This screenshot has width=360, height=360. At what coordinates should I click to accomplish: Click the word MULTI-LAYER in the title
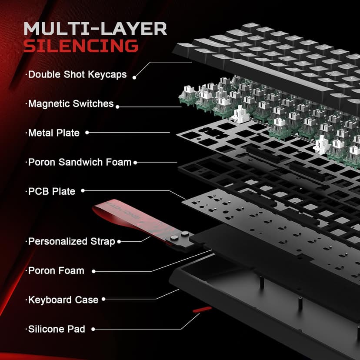pyautogui.click(x=95, y=29)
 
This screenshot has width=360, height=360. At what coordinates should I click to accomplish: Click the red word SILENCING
pyautogui.click(x=81, y=46)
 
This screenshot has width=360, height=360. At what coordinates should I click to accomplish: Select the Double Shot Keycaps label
pyautogui.click(x=77, y=74)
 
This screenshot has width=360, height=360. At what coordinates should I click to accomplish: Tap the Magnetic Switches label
pyautogui.click(x=70, y=104)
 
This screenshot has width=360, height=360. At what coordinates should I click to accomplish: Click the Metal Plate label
pyautogui.click(x=53, y=133)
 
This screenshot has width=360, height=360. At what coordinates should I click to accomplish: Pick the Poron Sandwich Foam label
pyautogui.click(x=79, y=162)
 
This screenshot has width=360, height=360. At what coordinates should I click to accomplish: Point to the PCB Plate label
pyautogui.click(x=51, y=191)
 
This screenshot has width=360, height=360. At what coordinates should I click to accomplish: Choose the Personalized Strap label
pyautogui.click(x=71, y=241)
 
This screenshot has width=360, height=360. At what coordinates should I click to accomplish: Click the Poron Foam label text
pyautogui.click(x=56, y=270)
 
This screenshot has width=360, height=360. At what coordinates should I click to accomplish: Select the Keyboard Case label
pyautogui.click(x=63, y=300)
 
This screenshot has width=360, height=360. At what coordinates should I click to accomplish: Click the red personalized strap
pyautogui.click(x=126, y=220)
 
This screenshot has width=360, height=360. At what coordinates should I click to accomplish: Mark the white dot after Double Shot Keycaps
pyautogui.click(x=134, y=77)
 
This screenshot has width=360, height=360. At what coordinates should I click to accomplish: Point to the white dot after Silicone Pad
pyautogui.click(x=93, y=330)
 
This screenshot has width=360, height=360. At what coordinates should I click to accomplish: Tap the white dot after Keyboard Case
pyautogui.click(x=104, y=299)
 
